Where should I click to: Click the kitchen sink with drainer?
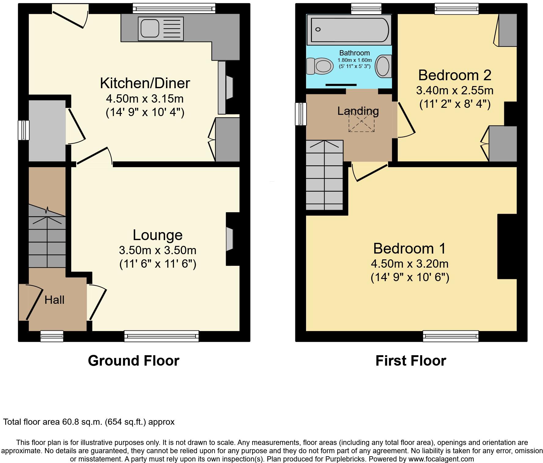coord(161,29)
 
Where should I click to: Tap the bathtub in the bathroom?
coord(349,30)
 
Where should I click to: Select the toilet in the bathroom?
coord(320,66)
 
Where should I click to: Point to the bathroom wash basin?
coord(383,66)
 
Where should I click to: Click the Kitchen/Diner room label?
coord(145,83)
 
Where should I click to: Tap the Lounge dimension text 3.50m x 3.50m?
coord(157,250)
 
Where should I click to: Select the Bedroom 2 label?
coord(455,75)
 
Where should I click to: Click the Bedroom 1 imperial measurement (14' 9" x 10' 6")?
coord(410,277)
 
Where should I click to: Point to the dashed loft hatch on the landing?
coord(361,121)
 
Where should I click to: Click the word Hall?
coord(54,300)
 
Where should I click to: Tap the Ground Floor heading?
coord(134,361)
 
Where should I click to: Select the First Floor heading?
coord(411,361)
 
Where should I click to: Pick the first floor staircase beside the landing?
coord(324,175)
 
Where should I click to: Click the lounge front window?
coord(161,336)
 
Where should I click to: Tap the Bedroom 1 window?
coord(451,336)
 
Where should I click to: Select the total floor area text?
coord(89,422)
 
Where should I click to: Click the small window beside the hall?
coord(52,336)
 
